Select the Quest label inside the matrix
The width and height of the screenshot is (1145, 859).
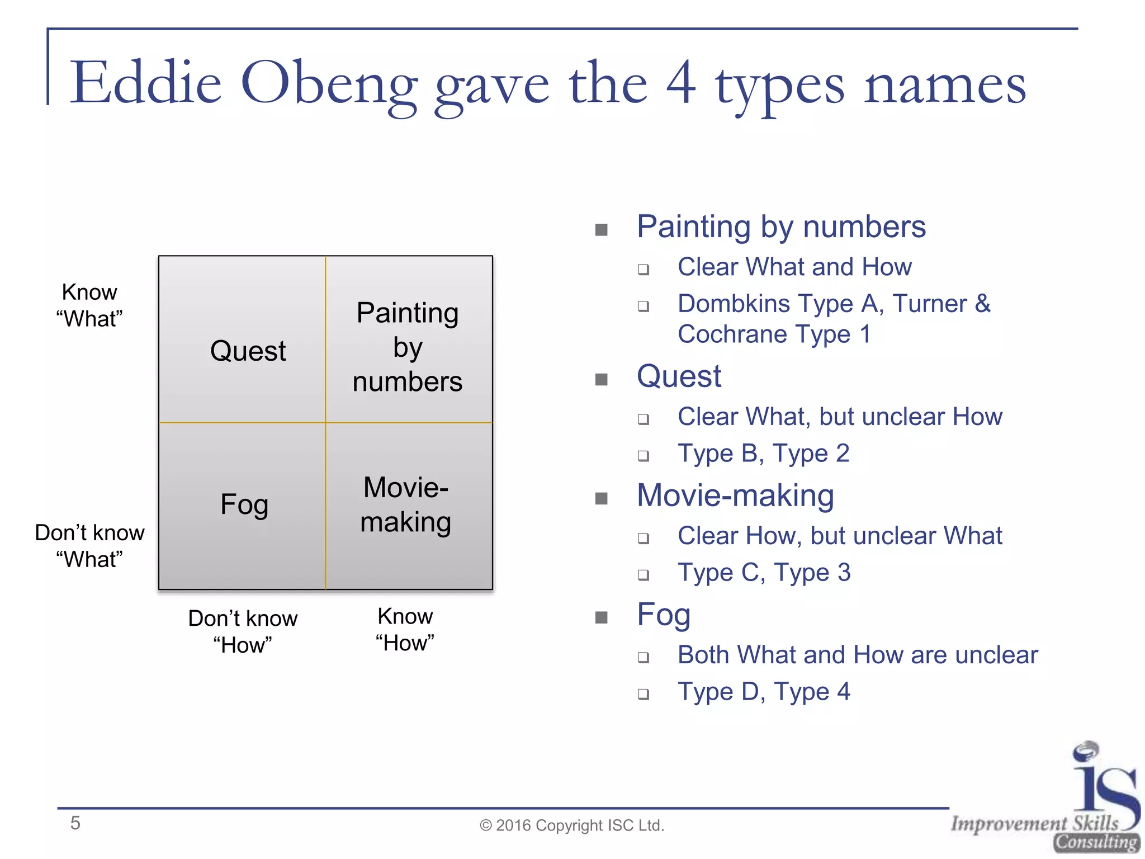pos(248,351)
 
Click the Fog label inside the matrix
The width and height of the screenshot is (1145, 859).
pos(244,504)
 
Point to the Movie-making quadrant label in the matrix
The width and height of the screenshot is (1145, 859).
pos(406,504)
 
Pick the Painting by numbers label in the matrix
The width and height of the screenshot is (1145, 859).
pos(408,347)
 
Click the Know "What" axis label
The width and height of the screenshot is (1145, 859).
pos(89,305)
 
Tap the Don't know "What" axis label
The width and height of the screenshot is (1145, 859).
pos(89,546)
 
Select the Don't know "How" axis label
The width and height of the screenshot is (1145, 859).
pos(243,631)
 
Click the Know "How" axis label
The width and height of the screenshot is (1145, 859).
pos(405,630)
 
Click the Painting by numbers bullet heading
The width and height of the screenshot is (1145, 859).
pos(781,227)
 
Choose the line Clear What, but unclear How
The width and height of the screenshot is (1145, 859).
pos(840,417)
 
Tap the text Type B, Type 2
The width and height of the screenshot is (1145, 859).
pos(763,454)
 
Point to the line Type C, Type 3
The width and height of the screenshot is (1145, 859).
pos(764,573)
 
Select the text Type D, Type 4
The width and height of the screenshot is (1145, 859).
pos(764,692)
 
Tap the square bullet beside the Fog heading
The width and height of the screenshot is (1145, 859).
pos(602,617)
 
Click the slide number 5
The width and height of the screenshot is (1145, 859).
pos(75,823)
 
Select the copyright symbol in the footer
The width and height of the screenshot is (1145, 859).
pos(485,826)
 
